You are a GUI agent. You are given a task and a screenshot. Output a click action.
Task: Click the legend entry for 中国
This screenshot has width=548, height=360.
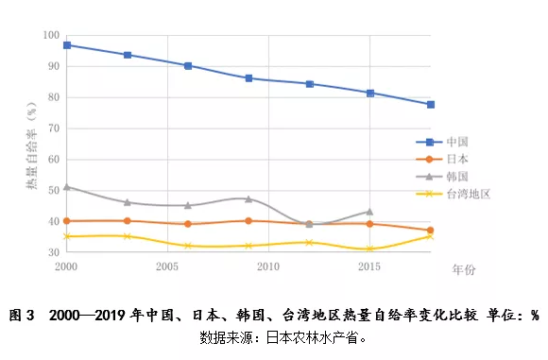click(x=455, y=141)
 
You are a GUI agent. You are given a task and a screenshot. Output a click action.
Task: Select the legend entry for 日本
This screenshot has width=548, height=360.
click(x=455, y=159)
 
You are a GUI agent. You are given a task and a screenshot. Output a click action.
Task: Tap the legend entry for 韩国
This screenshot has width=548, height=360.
click(x=455, y=176)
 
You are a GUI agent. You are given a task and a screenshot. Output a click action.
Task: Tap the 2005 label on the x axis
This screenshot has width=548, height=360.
click(x=167, y=267)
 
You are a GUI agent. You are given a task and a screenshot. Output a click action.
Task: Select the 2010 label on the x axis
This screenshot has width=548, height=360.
click(x=268, y=267)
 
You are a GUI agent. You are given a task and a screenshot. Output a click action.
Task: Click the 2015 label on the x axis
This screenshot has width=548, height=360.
click(x=369, y=267)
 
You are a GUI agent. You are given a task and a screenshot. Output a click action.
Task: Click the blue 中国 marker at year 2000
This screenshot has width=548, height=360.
click(x=66, y=44)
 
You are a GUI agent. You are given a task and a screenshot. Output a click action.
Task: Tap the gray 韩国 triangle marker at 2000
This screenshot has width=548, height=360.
click(x=66, y=187)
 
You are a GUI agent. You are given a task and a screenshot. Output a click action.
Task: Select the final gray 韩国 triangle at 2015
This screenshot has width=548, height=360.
click(x=369, y=212)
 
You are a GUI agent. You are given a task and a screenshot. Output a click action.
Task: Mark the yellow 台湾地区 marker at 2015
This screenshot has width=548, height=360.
click(x=369, y=249)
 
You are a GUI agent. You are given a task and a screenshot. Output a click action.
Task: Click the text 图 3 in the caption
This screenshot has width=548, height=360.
click(x=21, y=315)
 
